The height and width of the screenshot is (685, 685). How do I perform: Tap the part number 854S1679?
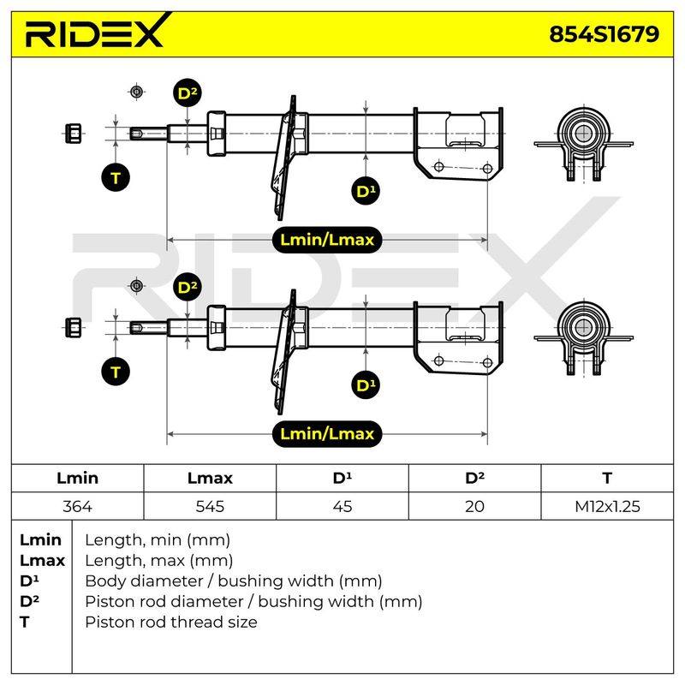coord(604,34)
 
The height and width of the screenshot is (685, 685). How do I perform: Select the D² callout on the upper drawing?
coord(188,93)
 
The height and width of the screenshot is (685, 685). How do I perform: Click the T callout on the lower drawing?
coord(116,372)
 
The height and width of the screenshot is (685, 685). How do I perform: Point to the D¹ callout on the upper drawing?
coord(366,191)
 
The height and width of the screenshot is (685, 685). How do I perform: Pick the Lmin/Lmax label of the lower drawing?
coord(327,434)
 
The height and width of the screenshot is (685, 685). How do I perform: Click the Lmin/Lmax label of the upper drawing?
coord(327,240)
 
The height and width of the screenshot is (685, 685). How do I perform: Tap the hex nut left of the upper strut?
coord(73,134)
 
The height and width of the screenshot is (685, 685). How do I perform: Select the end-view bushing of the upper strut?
coord(584,144)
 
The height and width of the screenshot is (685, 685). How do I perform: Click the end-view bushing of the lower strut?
coord(584,338)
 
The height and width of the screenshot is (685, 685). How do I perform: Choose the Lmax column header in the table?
coord(210,478)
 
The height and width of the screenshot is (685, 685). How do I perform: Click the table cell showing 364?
coord(77,506)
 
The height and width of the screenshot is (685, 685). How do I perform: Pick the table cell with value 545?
coord(210,506)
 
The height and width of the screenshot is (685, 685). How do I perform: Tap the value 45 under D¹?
coord(342,506)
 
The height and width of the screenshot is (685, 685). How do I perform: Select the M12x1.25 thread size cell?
coord(607,506)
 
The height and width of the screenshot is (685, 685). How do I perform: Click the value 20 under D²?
coord(474,506)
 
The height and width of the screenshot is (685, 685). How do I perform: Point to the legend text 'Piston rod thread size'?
coord(171,622)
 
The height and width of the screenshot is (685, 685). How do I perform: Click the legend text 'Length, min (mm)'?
coord(158,540)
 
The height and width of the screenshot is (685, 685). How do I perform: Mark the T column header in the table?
coord(607,478)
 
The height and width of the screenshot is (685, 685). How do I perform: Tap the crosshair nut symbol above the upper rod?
coord(137,92)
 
